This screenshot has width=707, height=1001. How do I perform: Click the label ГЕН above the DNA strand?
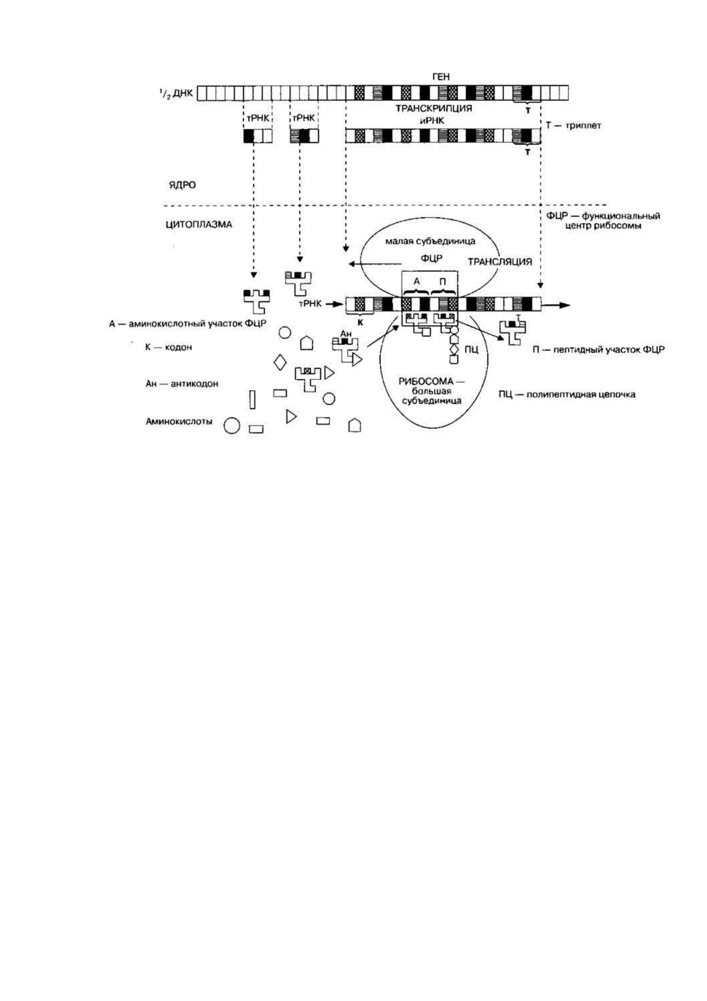pos(441,77)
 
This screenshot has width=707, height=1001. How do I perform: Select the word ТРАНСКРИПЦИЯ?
pos(434,108)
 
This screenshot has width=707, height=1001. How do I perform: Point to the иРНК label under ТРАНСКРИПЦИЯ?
pos(432,121)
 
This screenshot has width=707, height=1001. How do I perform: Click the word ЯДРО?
pos(182,185)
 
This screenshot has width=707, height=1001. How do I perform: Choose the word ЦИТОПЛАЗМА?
pos(199,225)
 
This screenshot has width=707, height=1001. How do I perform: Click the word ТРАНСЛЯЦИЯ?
pos(500,262)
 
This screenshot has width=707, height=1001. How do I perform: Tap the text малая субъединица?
pos(430,241)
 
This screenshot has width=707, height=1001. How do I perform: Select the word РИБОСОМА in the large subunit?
pos(425,381)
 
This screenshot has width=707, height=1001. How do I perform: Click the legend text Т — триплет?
pos(573,125)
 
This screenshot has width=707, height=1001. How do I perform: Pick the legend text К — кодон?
pos(168,347)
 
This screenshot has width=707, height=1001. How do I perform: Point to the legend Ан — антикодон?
pos(182,384)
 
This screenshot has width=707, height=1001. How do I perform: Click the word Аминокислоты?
pos(179,421)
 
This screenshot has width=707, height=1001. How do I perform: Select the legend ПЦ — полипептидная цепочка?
pos(566,394)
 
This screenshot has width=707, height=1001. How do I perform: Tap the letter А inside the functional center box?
pos(416,282)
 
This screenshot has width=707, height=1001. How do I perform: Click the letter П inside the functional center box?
pos(443,282)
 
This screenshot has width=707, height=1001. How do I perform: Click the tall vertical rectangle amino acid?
pos(252,399)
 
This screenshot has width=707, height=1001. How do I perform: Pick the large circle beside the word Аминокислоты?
pos(232,426)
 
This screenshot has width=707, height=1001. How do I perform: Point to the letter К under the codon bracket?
pos(361,322)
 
